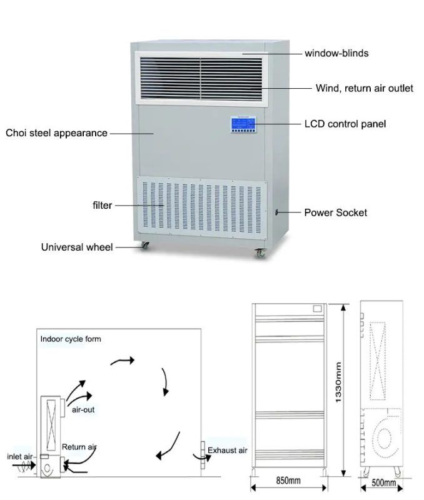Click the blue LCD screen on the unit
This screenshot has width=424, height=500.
tap(244, 125)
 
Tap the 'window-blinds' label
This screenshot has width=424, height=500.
tap(336, 53)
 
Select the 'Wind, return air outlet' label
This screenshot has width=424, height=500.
tap(363, 88)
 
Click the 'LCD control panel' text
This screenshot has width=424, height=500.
tap(345, 124)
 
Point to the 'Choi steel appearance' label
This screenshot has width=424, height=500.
tap(56, 133)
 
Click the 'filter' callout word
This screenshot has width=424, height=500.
tap(103, 205)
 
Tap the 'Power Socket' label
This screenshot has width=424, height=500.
tap(335, 212)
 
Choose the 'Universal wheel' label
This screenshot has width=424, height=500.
tap(77, 247)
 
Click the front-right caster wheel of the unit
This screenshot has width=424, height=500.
tap(259, 253)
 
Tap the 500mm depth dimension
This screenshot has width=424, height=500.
tap(383, 483)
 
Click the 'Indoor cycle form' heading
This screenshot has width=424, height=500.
tap(71, 339)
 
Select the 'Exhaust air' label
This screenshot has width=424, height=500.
tap(228, 450)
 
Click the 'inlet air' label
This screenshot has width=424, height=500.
tap(19, 457)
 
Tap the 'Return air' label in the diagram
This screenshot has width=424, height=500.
tap(79, 447)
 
